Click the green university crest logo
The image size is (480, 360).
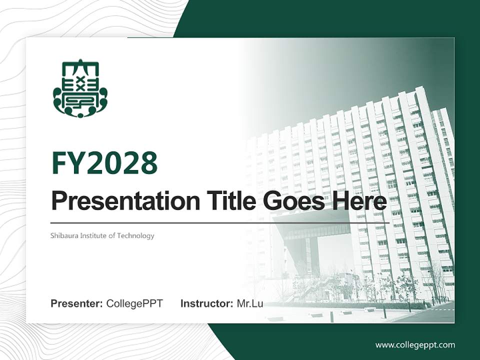point(80,89)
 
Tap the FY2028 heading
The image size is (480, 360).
point(104,163)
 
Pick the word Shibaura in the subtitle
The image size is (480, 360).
point(63,235)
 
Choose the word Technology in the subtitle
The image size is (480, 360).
point(135,235)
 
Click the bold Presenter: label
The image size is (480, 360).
point(77,303)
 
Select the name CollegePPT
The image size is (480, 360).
point(134,303)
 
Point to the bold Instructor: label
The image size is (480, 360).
point(206,303)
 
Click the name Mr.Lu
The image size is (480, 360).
point(250,303)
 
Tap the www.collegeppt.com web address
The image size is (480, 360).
point(415,345)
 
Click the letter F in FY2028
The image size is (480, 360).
point(60,163)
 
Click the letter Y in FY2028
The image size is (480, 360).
point(76,163)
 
